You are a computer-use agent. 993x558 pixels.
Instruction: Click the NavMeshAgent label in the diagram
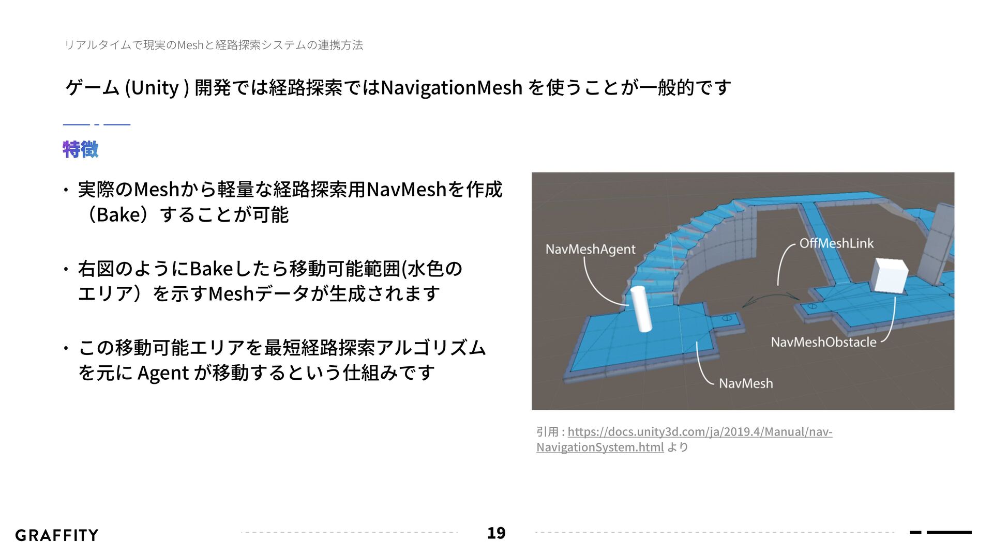point(590,250)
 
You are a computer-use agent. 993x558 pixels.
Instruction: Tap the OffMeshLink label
point(836,243)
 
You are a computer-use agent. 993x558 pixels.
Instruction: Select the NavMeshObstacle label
point(823,342)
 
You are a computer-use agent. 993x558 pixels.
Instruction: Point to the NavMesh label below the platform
point(745,383)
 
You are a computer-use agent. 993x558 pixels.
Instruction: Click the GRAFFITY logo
point(57,535)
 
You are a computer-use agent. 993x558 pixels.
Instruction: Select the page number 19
point(496,533)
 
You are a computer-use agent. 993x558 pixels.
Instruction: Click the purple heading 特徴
point(80,149)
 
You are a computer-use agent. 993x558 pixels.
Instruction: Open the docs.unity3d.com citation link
point(699,431)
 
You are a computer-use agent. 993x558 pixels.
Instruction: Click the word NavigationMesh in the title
point(451,87)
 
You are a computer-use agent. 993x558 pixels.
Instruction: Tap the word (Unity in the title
point(152,88)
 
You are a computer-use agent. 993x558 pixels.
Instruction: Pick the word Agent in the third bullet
point(162,373)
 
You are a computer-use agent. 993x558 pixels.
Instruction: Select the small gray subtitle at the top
point(213,45)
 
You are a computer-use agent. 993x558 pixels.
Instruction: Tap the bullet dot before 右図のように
point(66,269)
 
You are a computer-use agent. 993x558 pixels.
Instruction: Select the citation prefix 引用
point(547,431)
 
